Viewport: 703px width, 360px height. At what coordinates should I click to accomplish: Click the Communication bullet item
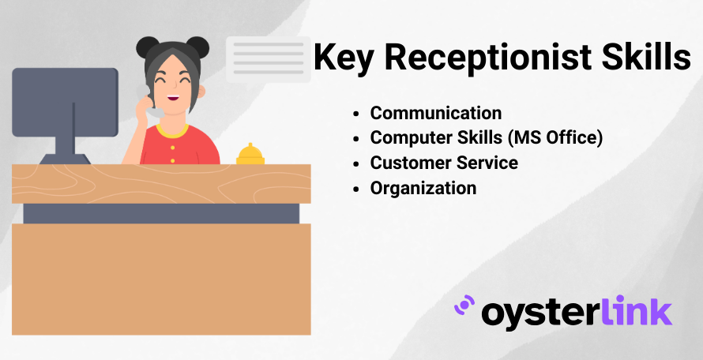click(436, 113)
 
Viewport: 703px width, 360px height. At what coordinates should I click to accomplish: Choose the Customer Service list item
click(444, 163)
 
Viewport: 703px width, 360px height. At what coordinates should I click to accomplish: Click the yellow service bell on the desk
click(250, 154)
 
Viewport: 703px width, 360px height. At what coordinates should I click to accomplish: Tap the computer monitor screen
click(65, 102)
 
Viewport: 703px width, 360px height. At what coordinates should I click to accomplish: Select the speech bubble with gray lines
click(268, 59)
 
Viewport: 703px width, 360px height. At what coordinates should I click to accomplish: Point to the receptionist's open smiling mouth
click(173, 98)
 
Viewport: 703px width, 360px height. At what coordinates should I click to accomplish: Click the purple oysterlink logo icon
click(464, 306)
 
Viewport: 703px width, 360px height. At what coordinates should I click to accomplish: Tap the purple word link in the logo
click(636, 309)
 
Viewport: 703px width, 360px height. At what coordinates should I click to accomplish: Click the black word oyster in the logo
click(540, 313)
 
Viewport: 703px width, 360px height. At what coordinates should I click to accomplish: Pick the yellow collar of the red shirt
click(172, 131)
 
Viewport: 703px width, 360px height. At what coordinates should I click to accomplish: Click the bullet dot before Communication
click(356, 114)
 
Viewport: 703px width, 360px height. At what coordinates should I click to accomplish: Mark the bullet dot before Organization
click(356, 189)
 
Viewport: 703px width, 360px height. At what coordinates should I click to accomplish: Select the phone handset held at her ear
click(151, 104)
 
